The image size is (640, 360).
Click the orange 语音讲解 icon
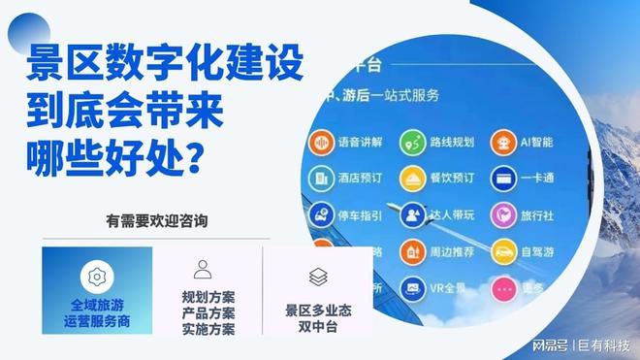point(321,143)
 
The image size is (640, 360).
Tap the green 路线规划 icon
point(415,143)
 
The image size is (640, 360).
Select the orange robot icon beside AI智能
point(503,143)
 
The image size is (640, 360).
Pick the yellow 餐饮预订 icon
point(415,179)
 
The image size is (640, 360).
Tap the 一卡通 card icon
point(503,179)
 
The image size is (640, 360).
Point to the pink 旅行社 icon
point(503,214)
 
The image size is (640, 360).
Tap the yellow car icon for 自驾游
point(503,251)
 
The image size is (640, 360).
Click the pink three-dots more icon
point(503,288)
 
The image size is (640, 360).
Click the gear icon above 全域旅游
point(96,277)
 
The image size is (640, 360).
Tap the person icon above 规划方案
point(203,270)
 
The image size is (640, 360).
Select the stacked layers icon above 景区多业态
point(318,277)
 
